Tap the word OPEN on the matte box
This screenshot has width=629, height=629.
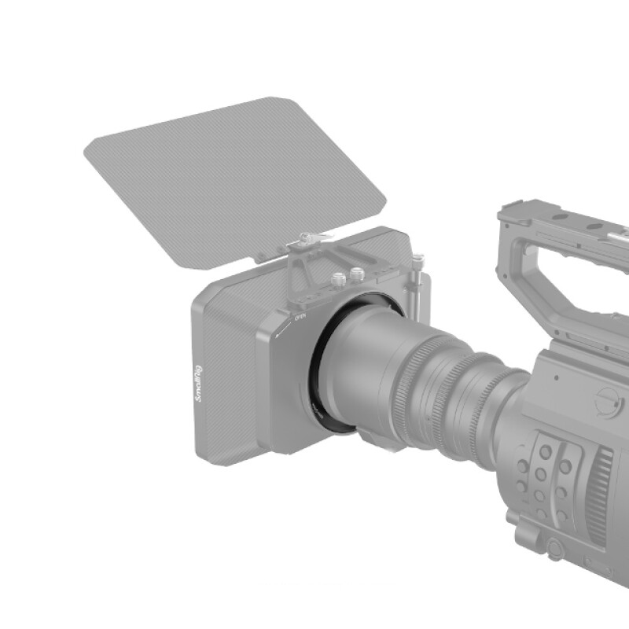(x=299, y=318)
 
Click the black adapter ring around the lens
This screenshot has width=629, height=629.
(x=316, y=370)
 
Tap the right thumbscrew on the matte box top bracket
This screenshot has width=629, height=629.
(x=357, y=274)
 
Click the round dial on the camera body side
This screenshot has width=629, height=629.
(x=607, y=402)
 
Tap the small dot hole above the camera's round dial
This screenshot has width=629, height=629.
(x=557, y=377)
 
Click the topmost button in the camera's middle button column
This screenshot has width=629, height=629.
(x=545, y=451)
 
